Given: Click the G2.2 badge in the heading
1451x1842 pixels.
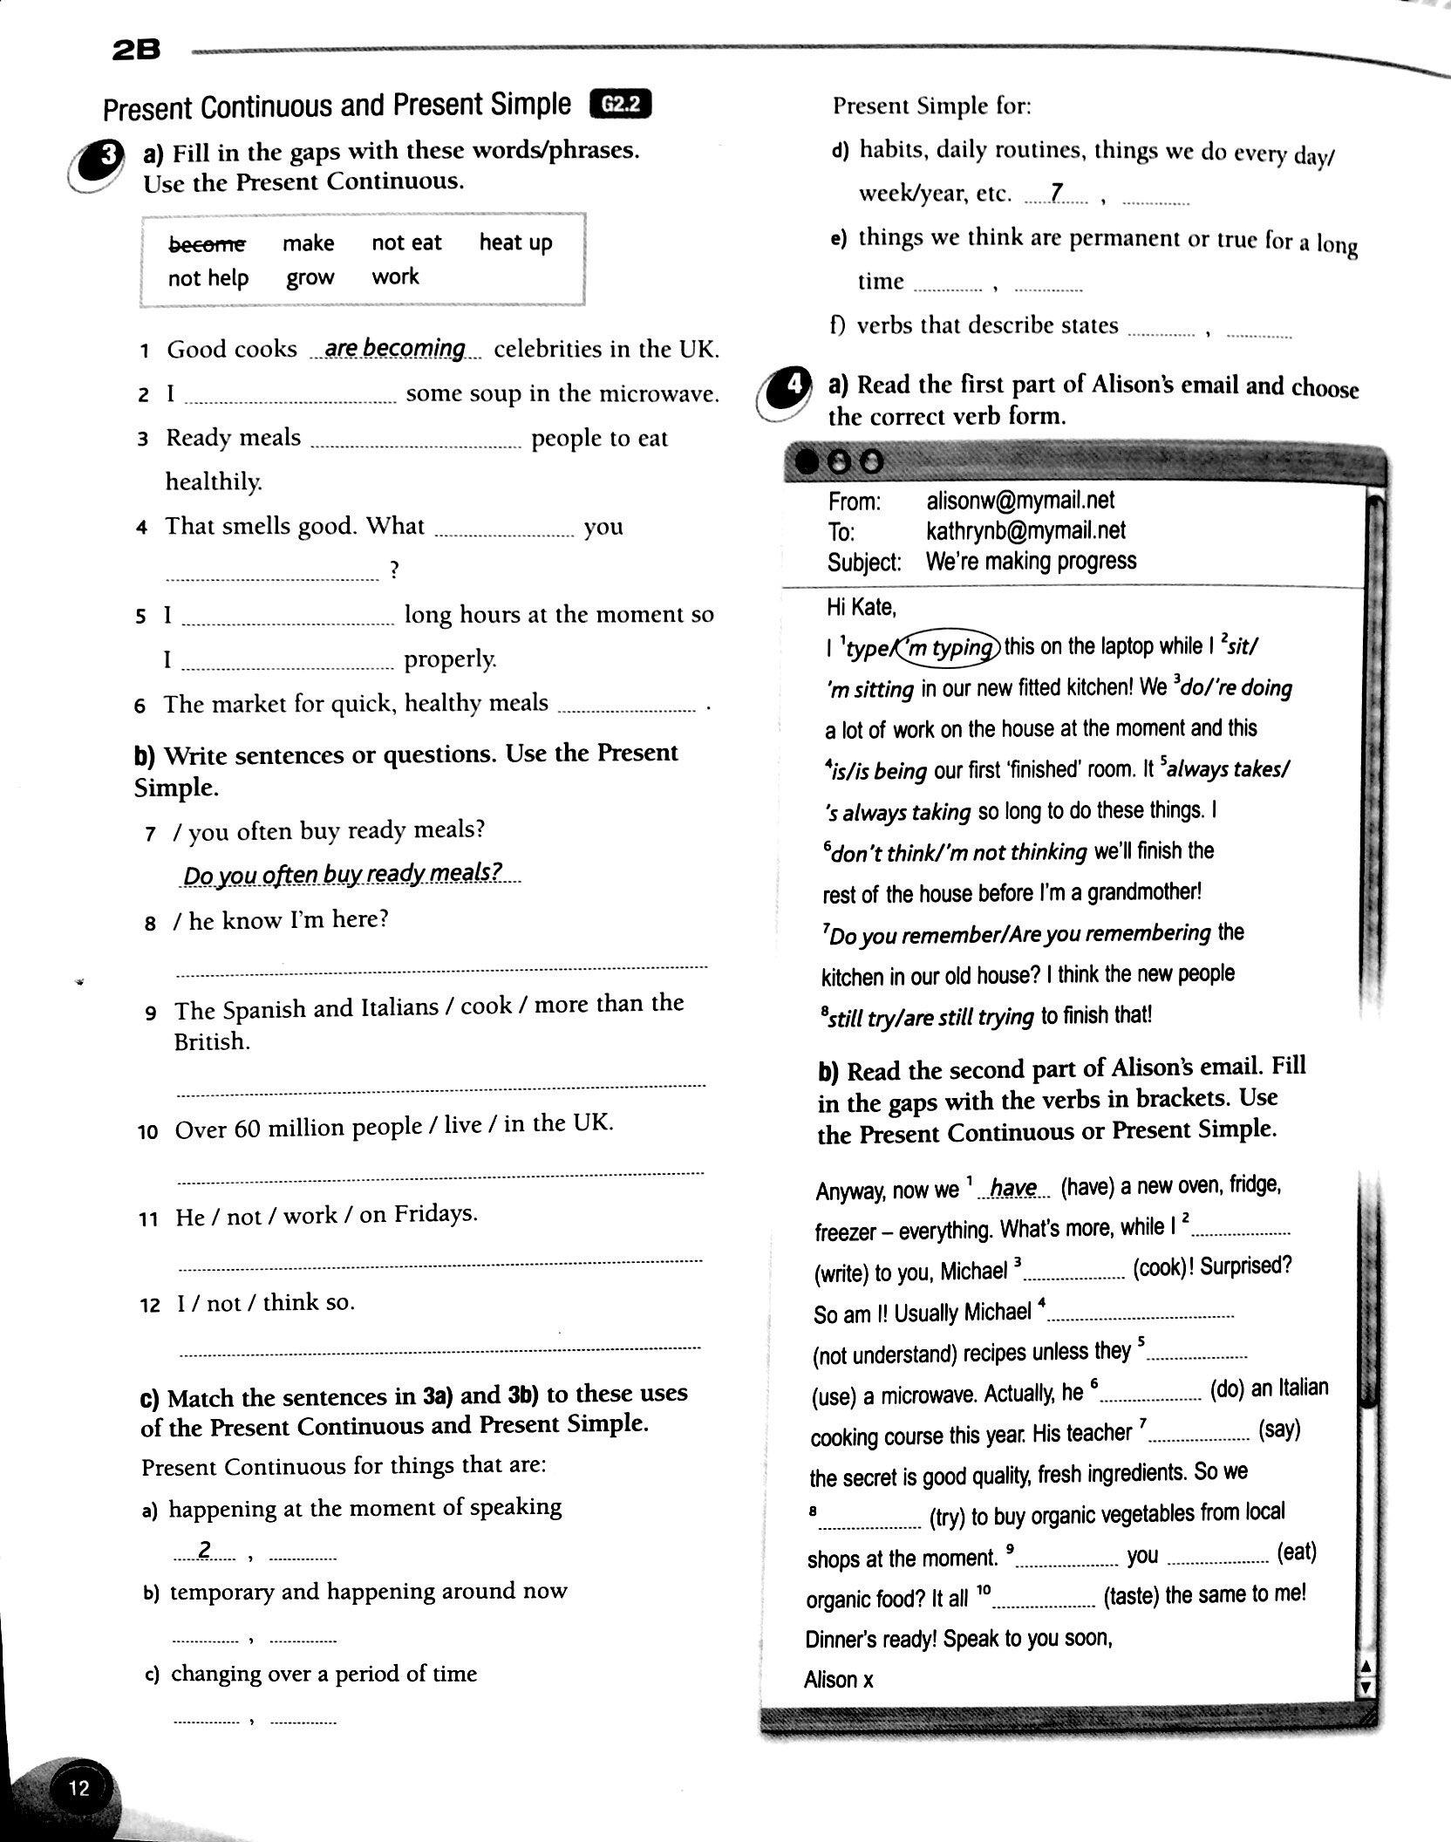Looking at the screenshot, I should tap(621, 105).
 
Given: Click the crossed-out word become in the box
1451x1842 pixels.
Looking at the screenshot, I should tap(207, 243).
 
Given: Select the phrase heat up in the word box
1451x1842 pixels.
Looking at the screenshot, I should tap(515, 242).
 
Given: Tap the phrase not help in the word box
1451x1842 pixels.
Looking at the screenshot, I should tap(208, 278).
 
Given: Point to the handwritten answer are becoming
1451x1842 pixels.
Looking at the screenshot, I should tap(395, 348).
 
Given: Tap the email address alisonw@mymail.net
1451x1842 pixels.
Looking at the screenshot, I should tap(1020, 500).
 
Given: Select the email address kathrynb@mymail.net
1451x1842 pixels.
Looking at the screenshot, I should tap(1025, 530).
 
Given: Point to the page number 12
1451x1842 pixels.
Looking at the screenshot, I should tap(78, 1789).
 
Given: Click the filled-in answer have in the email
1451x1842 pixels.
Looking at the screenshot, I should tap(1013, 1188).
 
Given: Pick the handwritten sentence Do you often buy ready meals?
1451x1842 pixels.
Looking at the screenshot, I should tap(344, 873).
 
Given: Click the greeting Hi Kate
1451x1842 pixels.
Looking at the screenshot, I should tap(861, 606).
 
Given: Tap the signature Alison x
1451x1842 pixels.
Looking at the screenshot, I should tap(838, 1679).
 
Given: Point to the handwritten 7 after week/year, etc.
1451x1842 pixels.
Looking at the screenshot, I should tap(1057, 193).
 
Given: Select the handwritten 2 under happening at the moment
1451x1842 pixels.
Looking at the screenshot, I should tap(205, 1550).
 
